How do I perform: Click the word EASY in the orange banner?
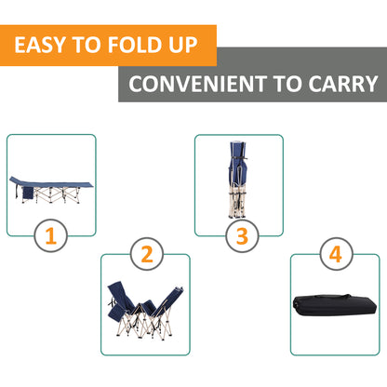40,45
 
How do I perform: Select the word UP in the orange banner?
183,45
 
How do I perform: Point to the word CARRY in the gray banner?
343,84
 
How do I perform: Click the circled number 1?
50,235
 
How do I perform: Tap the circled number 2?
147,254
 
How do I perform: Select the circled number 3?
242,235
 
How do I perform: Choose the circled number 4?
336,254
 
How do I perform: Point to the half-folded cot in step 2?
145,310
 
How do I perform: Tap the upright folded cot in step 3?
238,180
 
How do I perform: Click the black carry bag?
335,305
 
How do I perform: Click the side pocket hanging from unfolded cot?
28,193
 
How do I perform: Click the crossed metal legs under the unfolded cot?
58,195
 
